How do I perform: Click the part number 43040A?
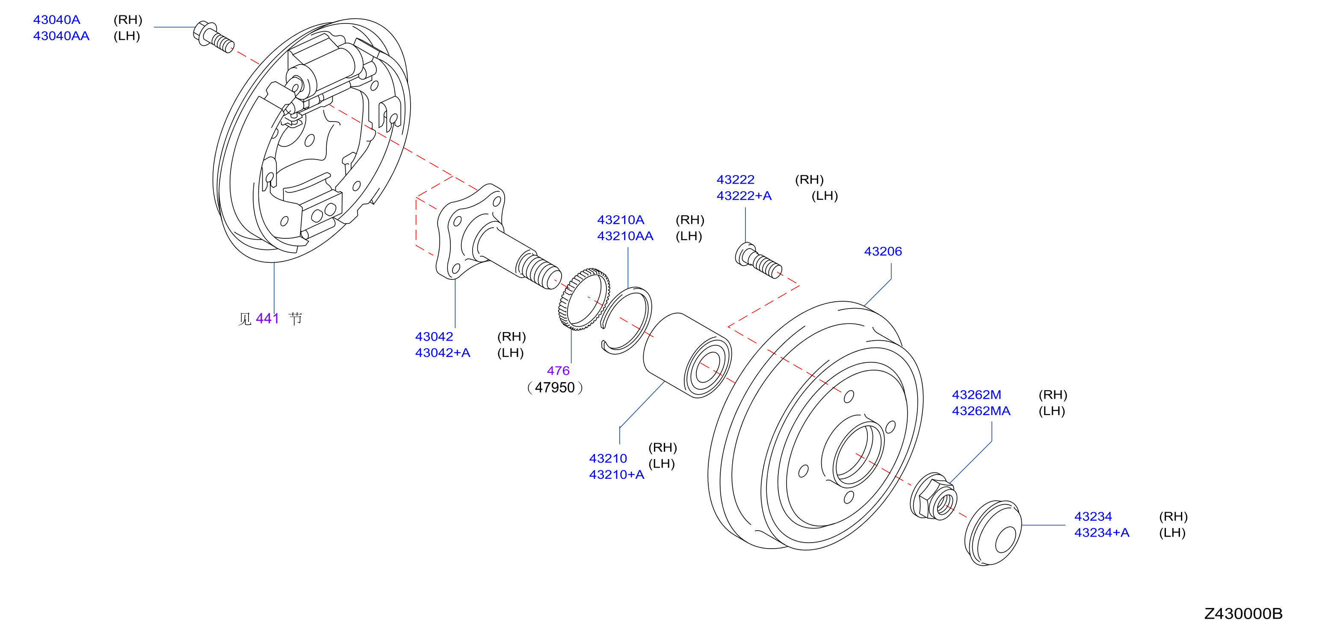coord(56,20)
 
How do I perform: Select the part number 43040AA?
coord(61,36)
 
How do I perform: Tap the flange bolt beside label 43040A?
coord(213,36)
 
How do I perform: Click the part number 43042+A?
coord(442,353)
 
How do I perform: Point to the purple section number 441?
coord(267,318)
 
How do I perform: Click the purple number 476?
coord(558,371)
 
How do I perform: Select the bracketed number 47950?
coord(555,387)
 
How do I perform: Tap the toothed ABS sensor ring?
coord(584,299)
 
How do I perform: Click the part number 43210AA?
coord(625,236)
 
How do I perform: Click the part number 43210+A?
coord(616,475)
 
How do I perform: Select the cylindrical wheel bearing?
coord(687,355)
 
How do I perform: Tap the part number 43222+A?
coord(744,196)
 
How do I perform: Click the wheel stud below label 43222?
coord(758,261)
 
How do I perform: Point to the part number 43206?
coord(883,251)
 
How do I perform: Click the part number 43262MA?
coord(981,411)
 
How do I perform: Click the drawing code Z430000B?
coord(1243,614)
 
